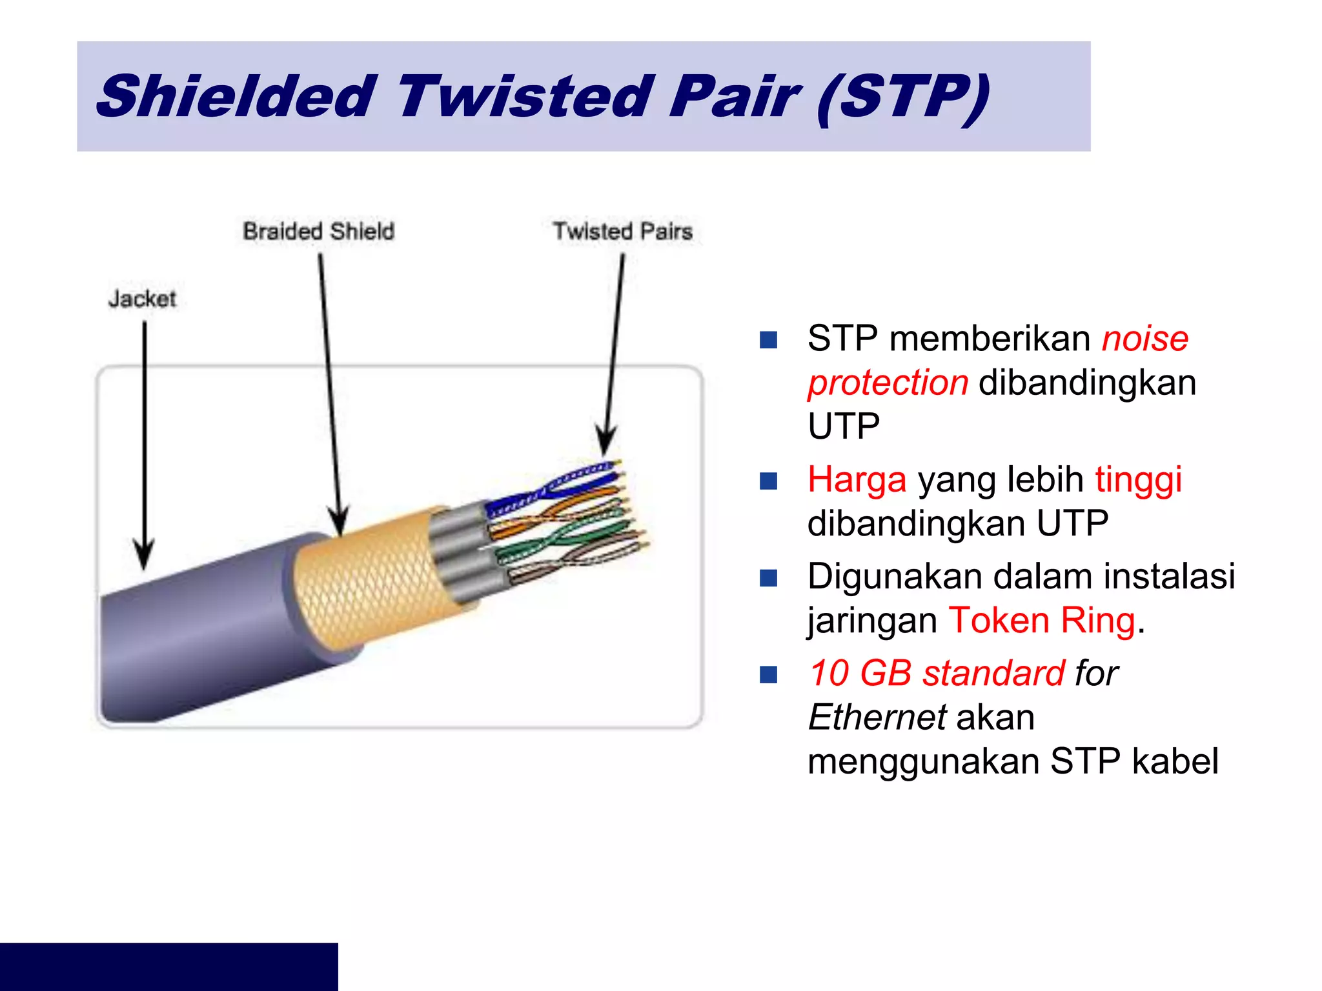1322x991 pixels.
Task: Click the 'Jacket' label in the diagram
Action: pos(142,299)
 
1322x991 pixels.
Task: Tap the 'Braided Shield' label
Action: pos(318,231)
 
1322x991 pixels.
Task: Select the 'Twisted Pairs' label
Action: pos(622,231)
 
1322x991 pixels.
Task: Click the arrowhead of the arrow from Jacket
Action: pos(144,556)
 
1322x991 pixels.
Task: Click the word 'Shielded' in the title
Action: pos(236,97)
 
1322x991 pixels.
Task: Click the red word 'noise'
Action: pos(1144,339)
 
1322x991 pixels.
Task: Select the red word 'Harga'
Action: pos(857,480)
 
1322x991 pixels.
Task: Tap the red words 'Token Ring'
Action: pos(1041,621)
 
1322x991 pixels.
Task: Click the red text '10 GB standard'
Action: pos(936,674)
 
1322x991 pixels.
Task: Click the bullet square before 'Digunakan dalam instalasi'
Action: pos(768,577)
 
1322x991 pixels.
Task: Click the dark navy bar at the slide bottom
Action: pos(168,966)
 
